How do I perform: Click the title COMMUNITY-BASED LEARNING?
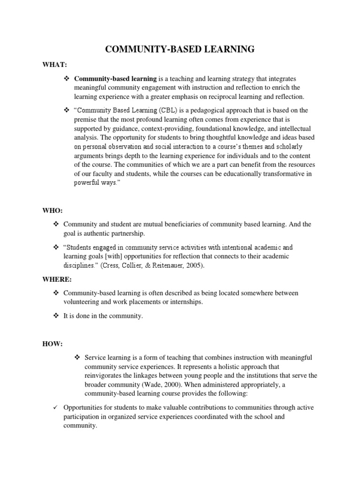[180, 49]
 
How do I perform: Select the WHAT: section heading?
[52, 65]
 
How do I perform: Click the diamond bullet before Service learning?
[78, 358]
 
